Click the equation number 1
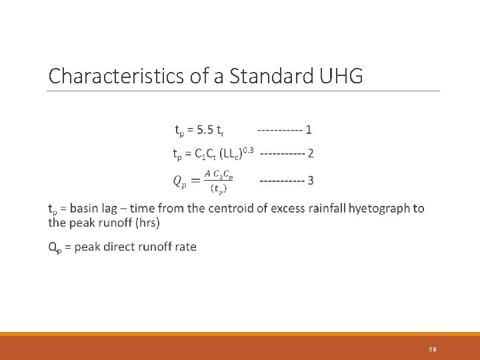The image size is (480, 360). pyautogui.click(x=308, y=129)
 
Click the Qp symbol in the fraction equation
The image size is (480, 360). pyautogui.click(x=180, y=181)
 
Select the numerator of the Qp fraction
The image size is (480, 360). pyautogui.click(x=219, y=174)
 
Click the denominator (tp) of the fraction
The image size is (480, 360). pyautogui.click(x=219, y=188)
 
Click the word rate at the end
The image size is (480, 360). pyautogui.click(x=185, y=247)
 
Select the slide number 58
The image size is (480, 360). pyautogui.click(x=433, y=349)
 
